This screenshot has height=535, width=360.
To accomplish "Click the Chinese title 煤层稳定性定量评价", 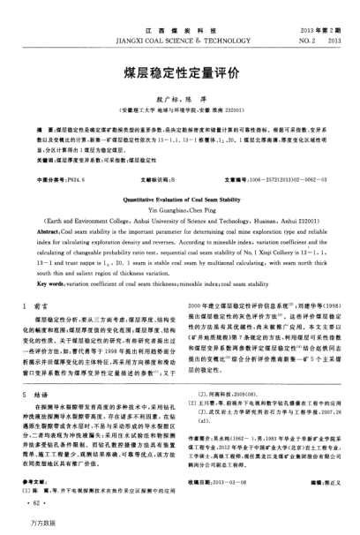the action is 179,74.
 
